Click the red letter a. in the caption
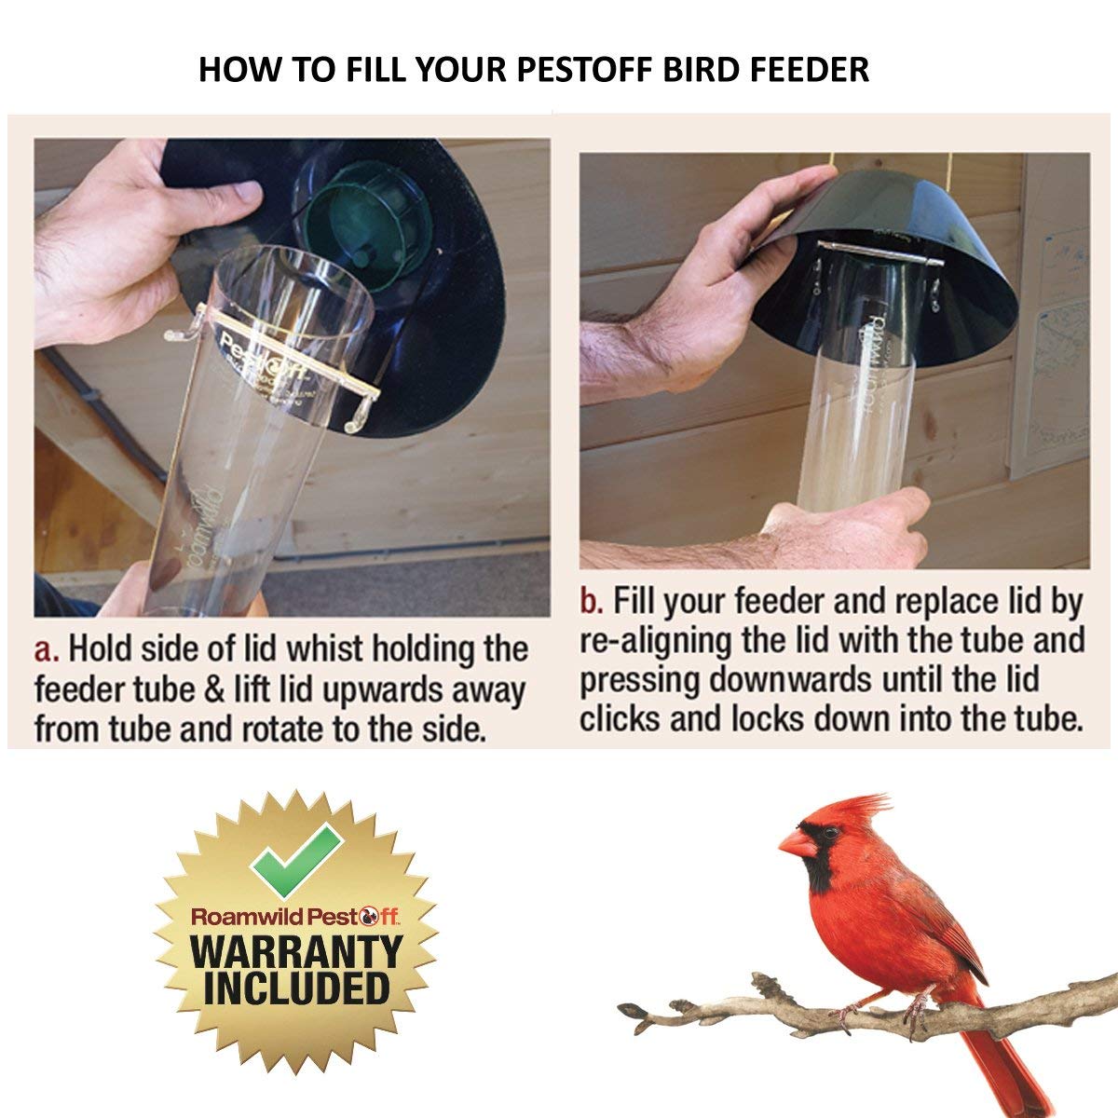click(x=47, y=648)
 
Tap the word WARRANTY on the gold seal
click(x=296, y=951)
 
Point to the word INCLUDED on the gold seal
click(x=296, y=988)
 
